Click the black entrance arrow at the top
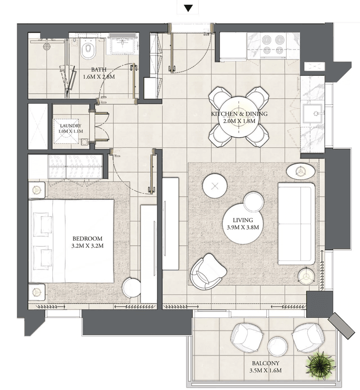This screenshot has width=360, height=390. (x=189, y=8)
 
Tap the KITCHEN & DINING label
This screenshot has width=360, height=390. (x=239, y=114)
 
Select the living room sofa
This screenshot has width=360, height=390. (x=297, y=224)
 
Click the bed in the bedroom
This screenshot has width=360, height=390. (x=72, y=241)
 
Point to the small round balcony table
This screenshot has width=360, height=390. (x=277, y=347)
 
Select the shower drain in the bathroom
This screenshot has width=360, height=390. (x=47, y=47)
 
